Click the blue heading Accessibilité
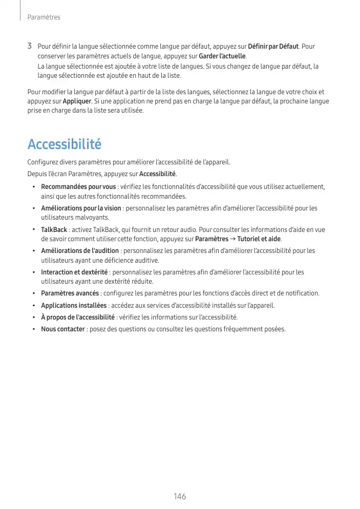click(65, 144)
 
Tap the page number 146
click(180, 496)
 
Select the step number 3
click(30, 47)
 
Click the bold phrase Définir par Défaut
click(273, 47)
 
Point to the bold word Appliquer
click(77, 101)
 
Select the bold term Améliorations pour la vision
click(81, 208)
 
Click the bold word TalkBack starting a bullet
click(54, 230)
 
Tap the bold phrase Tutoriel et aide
click(259, 239)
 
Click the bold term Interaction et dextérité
click(74, 272)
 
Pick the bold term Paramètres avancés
click(70, 293)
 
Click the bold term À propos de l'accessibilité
click(78, 317)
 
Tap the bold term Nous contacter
click(62, 329)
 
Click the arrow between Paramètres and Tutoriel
click(232, 239)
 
